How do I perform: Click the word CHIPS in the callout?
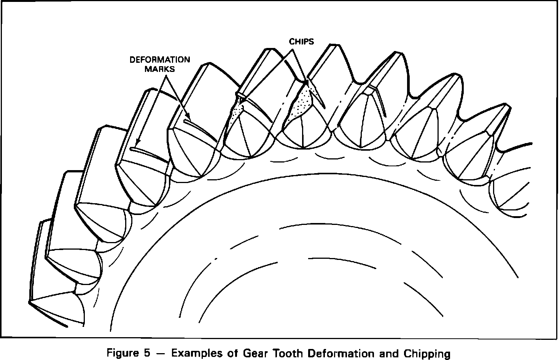301,41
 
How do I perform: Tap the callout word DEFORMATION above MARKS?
160,60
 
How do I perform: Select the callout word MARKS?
162,69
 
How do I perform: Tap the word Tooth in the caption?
286,353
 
